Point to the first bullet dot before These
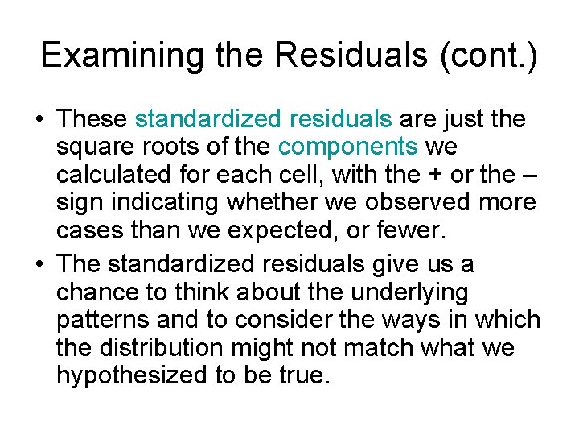(x=39, y=120)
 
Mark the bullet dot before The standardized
(x=39, y=264)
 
